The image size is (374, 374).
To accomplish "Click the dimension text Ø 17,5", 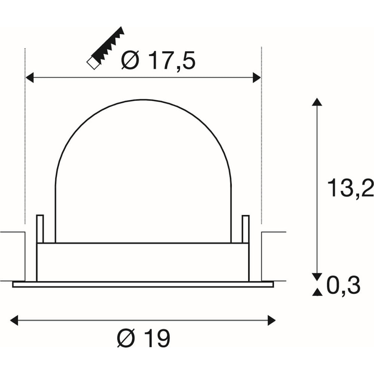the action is click(x=158, y=60).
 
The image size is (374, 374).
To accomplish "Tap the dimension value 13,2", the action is click(x=350, y=188).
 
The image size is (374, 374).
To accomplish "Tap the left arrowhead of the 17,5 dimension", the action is click(x=29, y=77).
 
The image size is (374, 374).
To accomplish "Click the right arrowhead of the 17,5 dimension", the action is click(x=257, y=77).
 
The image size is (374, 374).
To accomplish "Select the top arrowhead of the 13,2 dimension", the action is click(x=317, y=102).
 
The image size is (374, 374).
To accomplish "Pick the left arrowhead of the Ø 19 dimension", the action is click(x=14, y=320).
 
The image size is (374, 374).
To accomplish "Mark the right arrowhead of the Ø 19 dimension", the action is click(x=272, y=320).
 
